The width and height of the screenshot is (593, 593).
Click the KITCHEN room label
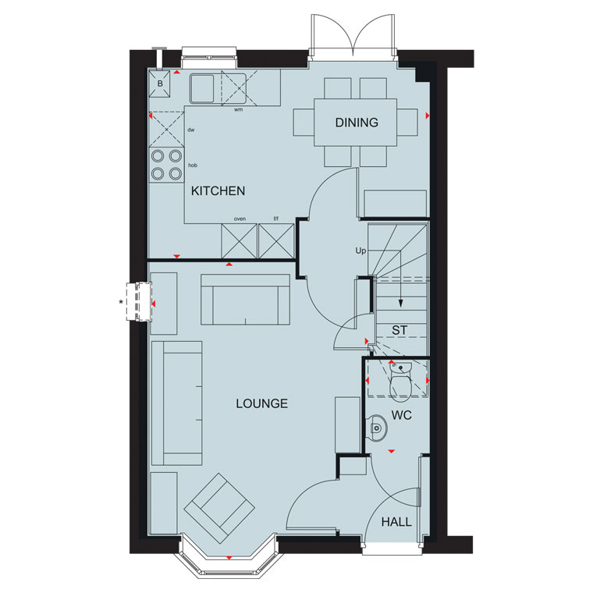click(218, 191)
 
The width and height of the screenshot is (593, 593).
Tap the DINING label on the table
click(357, 123)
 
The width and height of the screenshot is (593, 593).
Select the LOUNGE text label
click(262, 403)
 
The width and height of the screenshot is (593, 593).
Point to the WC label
click(402, 416)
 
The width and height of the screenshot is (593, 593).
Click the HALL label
click(396, 522)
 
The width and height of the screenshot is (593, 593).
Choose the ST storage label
click(399, 331)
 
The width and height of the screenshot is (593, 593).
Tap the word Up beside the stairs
click(360, 250)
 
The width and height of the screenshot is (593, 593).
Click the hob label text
click(192, 165)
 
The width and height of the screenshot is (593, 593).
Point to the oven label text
click(240, 219)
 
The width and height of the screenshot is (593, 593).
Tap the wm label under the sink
click(238, 110)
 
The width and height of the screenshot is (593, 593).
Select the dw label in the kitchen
click(190, 130)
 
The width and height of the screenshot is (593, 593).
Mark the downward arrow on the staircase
click(401, 305)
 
